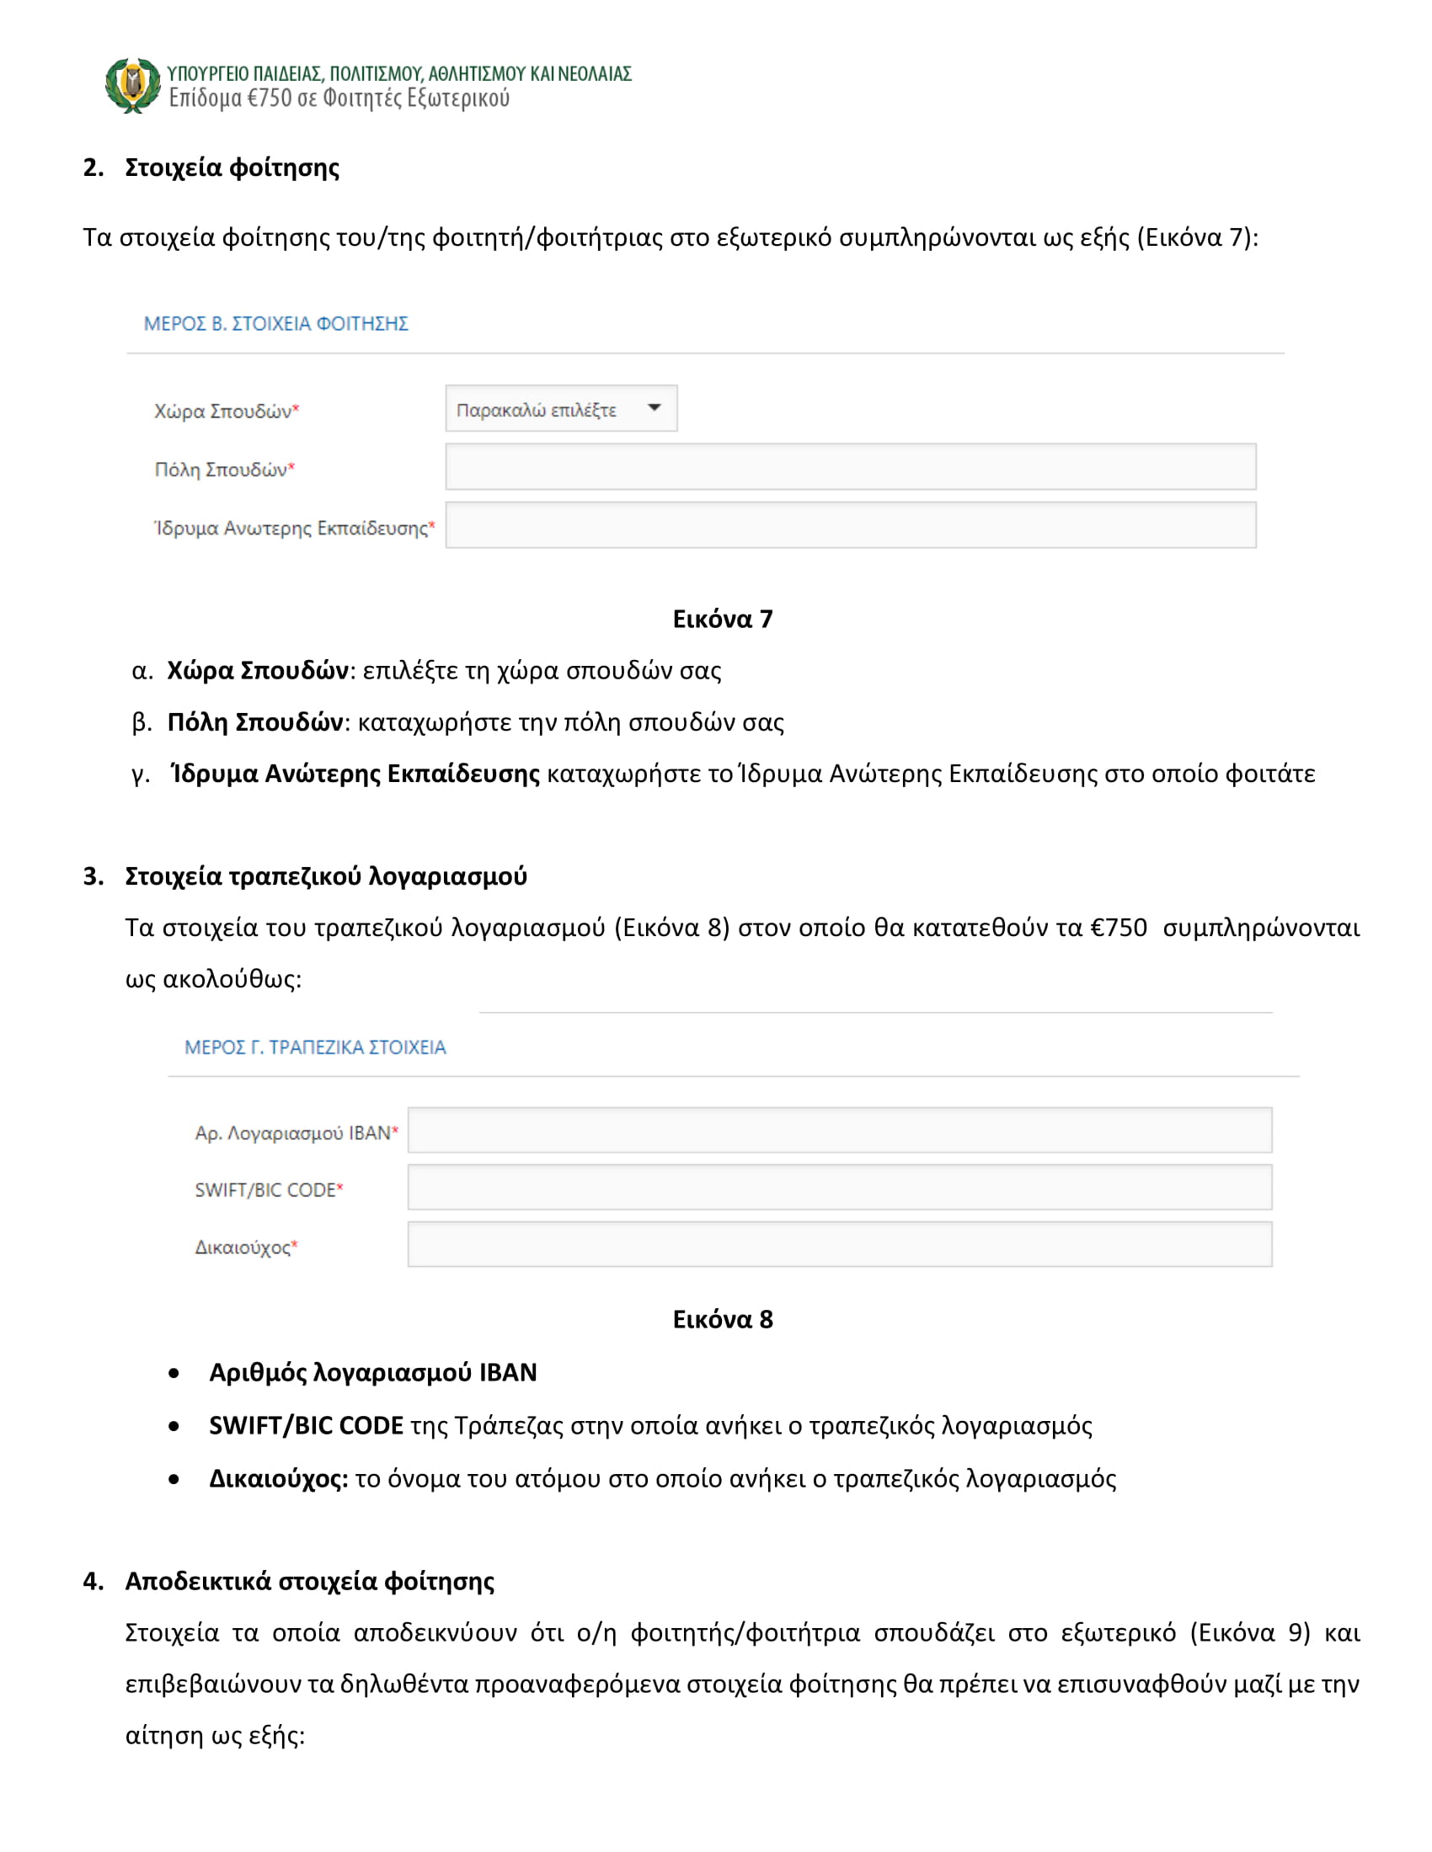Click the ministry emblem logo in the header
pyautogui.click(x=132, y=85)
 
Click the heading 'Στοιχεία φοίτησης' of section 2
pyautogui.click(x=232, y=167)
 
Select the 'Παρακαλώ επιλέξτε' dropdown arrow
pyautogui.click(x=654, y=408)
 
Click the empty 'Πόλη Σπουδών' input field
pyautogui.click(x=850, y=466)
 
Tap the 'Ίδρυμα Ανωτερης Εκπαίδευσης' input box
pyautogui.click(x=850, y=525)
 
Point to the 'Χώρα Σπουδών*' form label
pyautogui.click(x=227, y=412)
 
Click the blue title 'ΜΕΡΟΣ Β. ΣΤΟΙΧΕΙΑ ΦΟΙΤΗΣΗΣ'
pyautogui.click(x=275, y=323)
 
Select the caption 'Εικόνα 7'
pyautogui.click(x=722, y=619)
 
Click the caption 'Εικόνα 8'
pyautogui.click(x=722, y=1319)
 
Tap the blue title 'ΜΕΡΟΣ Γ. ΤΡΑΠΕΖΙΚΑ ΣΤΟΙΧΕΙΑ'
pyautogui.click(x=315, y=1047)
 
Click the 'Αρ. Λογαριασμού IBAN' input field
pyautogui.click(x=839, y=1131)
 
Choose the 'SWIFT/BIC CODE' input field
pyautogui.click(x=839, y=1187)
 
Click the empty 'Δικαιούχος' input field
pyautogui.click(x=839, y=1244)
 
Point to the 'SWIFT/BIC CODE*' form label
pyautogui.click(x=269, y=1189)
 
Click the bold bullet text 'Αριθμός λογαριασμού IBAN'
pyautogui.click(x=372, y=1373)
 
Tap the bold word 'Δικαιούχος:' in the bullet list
pyautogui.click(x=278, y=1479)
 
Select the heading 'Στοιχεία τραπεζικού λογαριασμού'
pyautogui.click(x=326, y=876)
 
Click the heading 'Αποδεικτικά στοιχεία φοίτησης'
pyautogui.click(x=310, y=1582)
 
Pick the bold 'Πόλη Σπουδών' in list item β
pyautogui.click(x=254, y=722)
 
